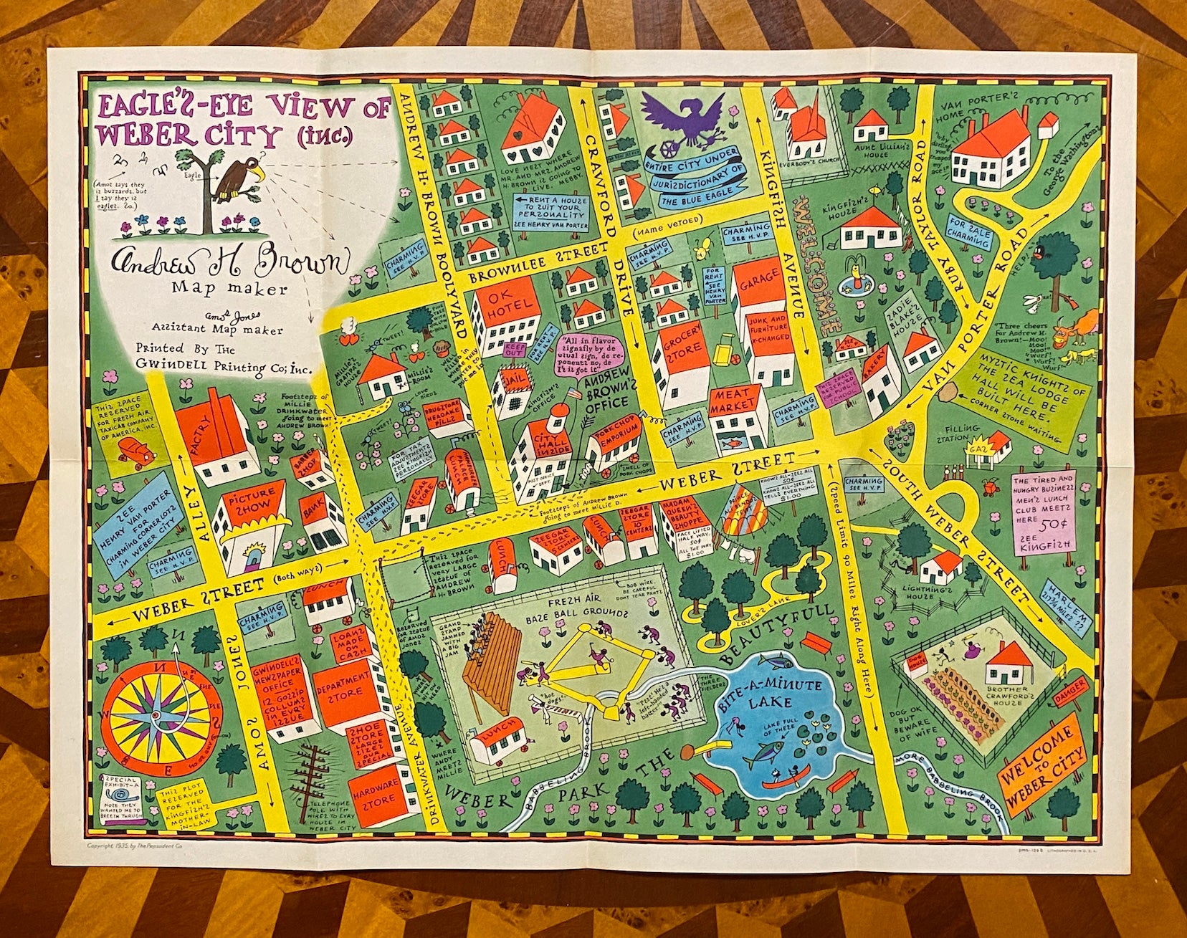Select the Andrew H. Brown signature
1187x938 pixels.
coord(229,263)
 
